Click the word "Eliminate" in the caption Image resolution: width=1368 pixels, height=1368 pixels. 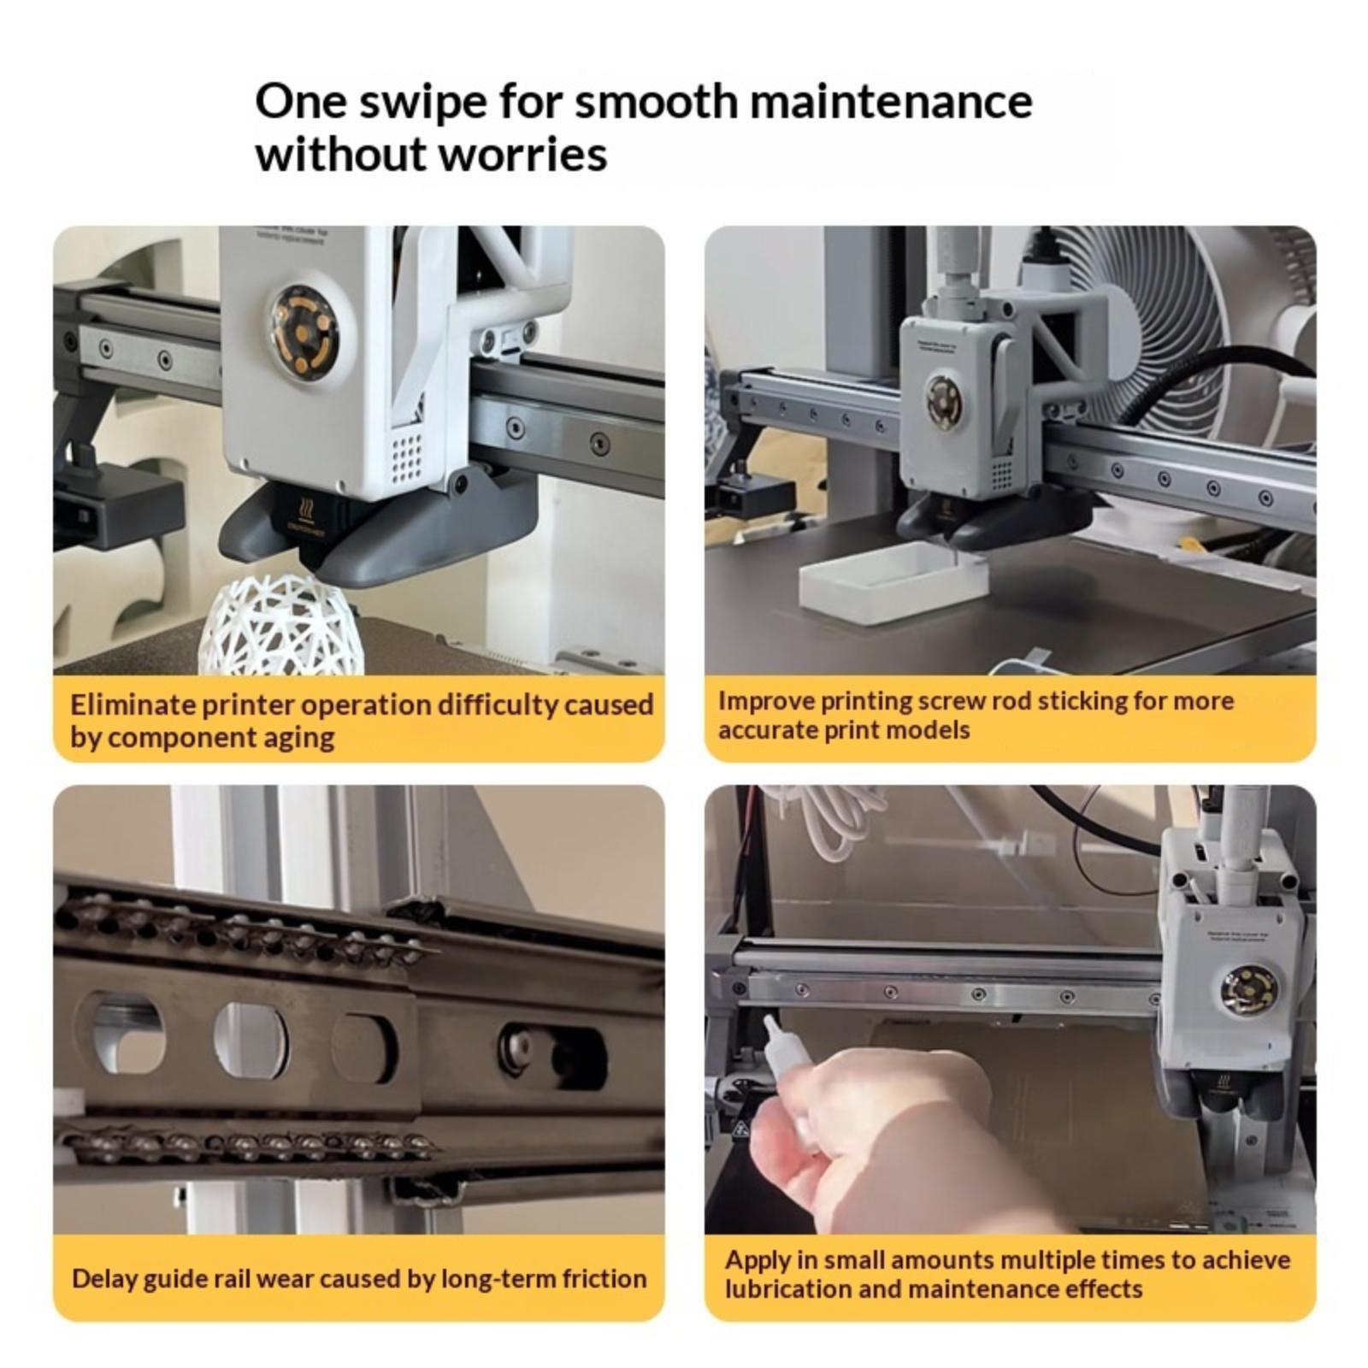tap(133, 705)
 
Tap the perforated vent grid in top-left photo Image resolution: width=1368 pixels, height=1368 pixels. tap(408, 456)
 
